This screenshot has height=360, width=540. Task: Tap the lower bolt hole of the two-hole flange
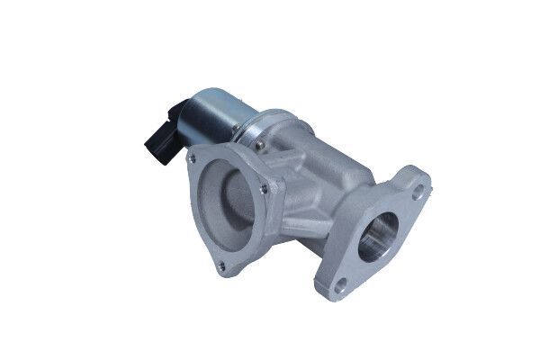(340, 288)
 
